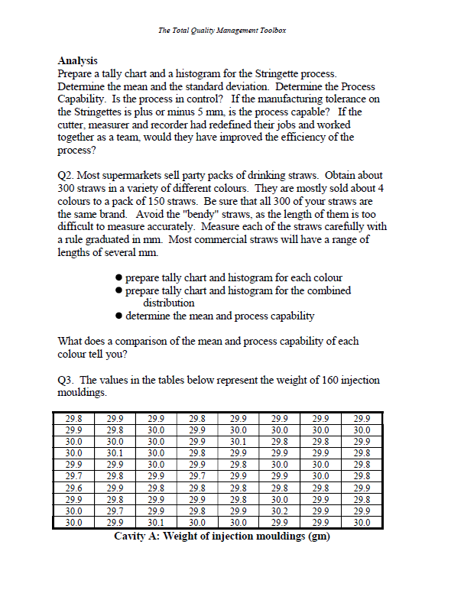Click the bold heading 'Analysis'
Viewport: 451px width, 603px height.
click(78, 60)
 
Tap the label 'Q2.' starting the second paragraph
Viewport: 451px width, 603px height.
click(67, 176)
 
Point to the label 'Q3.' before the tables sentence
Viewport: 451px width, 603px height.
click(67, 380)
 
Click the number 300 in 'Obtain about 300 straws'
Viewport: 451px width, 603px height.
click(68, 188)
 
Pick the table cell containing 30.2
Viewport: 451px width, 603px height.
click(280, 511)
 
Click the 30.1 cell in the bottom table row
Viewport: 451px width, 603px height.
click(157, 523)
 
